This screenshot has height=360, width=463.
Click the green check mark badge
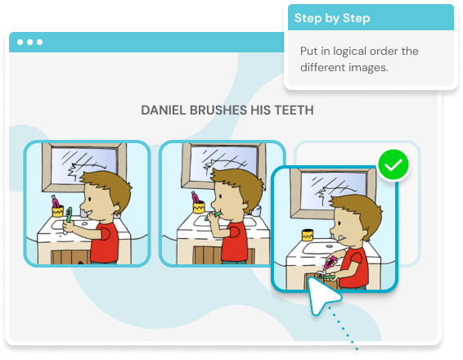393,164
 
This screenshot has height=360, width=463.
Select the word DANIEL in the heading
164,110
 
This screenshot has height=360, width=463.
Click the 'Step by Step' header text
332,18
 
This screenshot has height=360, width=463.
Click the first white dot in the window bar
20,43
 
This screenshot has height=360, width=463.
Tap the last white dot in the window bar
39,43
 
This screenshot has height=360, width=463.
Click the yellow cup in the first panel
58,212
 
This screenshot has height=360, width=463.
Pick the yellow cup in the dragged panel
308,236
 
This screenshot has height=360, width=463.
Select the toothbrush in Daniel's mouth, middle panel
213,215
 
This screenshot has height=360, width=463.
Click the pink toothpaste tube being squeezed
330,263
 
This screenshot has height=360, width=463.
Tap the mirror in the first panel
84,166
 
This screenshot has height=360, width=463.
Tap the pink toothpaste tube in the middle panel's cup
196,197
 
